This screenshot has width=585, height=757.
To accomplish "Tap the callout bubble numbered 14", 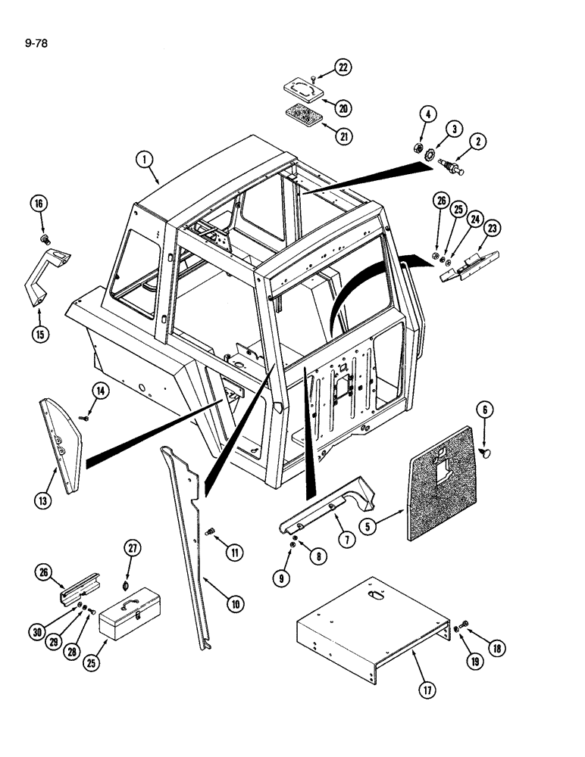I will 101,391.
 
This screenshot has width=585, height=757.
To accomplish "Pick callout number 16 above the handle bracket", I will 39,204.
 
